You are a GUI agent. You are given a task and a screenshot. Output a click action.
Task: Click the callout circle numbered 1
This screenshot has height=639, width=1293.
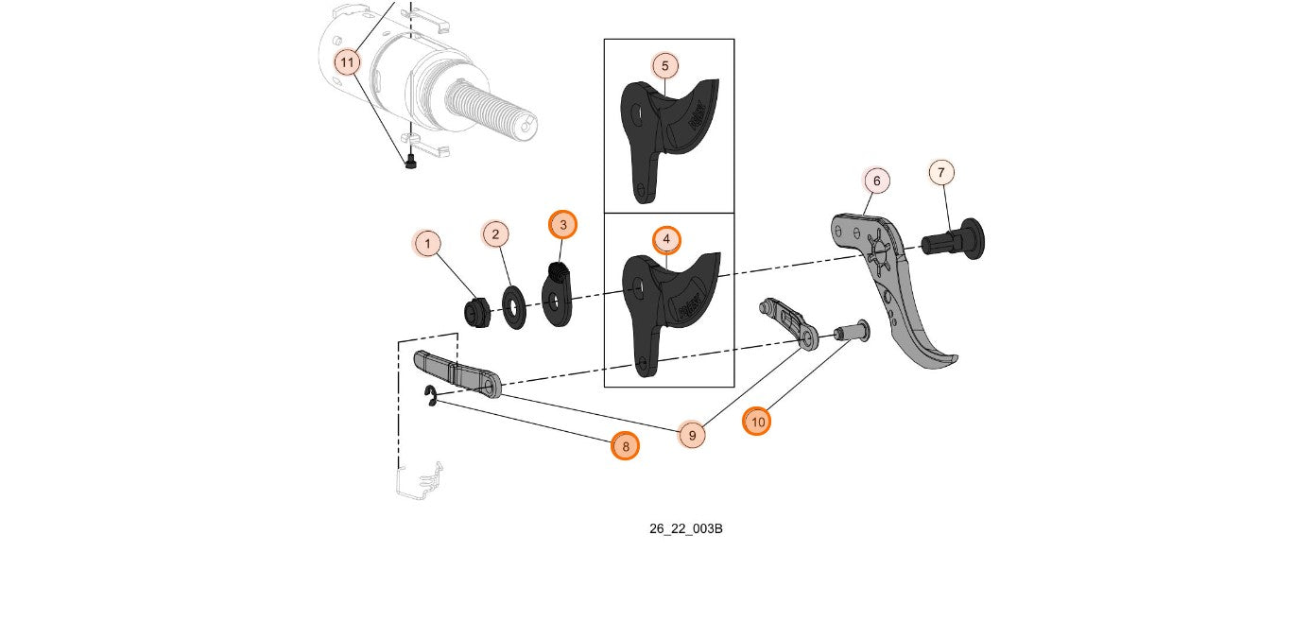pos(427,245)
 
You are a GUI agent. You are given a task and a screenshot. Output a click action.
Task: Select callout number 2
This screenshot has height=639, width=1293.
pos(495,233)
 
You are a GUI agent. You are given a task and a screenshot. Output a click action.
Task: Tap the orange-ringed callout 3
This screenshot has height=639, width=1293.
pos(563,225)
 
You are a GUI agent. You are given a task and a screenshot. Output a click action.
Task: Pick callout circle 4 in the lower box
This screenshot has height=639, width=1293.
pos(666,239)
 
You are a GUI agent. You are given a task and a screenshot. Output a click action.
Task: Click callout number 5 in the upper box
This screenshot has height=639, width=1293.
pos(665,66)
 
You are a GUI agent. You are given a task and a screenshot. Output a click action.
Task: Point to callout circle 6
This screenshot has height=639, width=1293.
pos(876,181)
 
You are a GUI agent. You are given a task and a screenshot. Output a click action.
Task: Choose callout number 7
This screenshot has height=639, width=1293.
pos(940,173)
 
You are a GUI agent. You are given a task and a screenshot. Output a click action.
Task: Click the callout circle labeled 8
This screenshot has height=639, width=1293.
pos(625,446)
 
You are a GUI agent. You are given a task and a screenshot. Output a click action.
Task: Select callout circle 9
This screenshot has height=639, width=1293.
pos(692,435)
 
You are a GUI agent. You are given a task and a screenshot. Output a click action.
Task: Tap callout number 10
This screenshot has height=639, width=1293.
pos(757,422)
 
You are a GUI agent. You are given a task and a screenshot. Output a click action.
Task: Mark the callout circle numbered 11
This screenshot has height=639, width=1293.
pos(348,63)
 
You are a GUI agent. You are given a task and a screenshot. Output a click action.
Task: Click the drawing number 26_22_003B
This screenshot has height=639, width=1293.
pos(685,528)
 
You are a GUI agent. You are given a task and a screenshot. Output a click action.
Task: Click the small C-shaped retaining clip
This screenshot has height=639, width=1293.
pos(430,397)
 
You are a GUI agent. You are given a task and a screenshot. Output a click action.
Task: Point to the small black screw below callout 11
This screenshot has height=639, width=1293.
pos(411,163)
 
